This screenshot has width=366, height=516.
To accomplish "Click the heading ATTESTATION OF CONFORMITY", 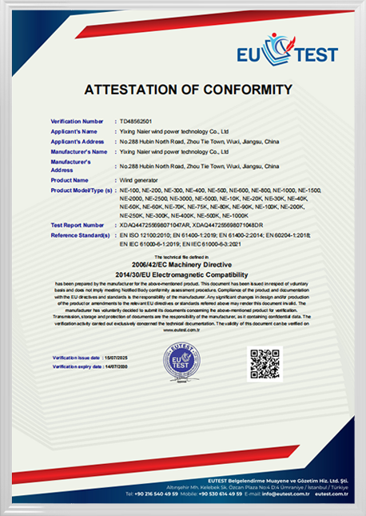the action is coord(183,89).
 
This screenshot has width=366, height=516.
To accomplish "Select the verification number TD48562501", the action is coord(134,120).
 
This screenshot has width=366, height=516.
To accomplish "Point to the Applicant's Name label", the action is coord(74,130).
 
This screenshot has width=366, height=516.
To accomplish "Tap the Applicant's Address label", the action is coord(76,141).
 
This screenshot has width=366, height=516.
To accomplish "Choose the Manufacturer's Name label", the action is coord(78,151).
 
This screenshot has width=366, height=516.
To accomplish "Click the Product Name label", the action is coord(69,180).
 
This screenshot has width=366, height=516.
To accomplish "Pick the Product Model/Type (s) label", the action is coord(81,190).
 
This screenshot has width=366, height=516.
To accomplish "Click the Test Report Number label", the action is coord(78,226).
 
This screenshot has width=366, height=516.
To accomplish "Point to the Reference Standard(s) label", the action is coord(80,235).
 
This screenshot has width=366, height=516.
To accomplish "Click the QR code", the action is coord(265,364).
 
